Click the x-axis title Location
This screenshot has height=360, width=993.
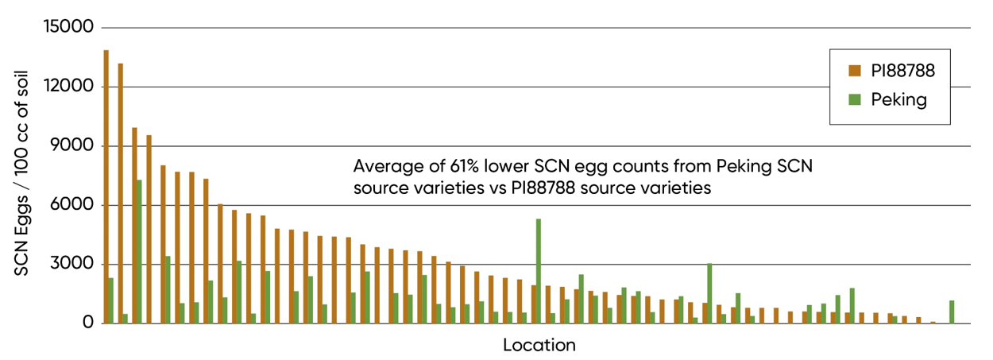(539, 346)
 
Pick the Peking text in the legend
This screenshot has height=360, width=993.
(898, 100)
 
